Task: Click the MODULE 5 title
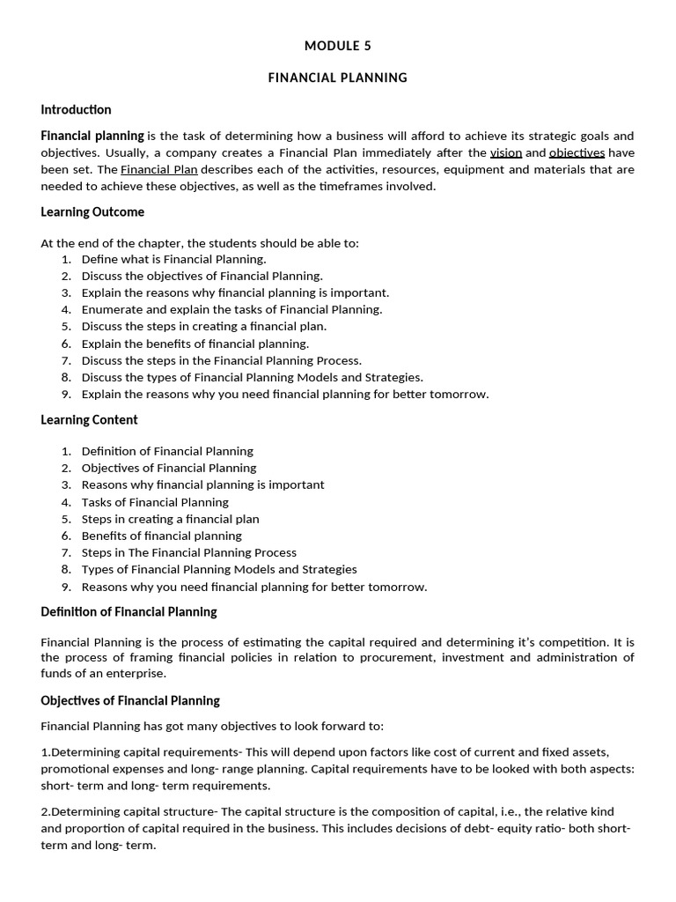[337, 46]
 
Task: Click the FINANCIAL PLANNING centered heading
[337, 78]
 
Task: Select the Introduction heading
[76, 110]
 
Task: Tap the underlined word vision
[506, 152]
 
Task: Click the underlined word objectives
[577, 152]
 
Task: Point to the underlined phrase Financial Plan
[159, 169]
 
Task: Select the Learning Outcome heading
[92, 212]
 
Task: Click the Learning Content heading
[89, 420]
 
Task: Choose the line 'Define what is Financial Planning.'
[173, 259]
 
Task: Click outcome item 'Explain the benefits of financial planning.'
[195, 344]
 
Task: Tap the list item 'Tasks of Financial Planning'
[155, 502]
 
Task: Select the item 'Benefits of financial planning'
[161, 536]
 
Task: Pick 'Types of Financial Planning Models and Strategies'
[219, 569]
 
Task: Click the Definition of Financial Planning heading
[129, 612]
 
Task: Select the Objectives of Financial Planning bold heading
[130, 701]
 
